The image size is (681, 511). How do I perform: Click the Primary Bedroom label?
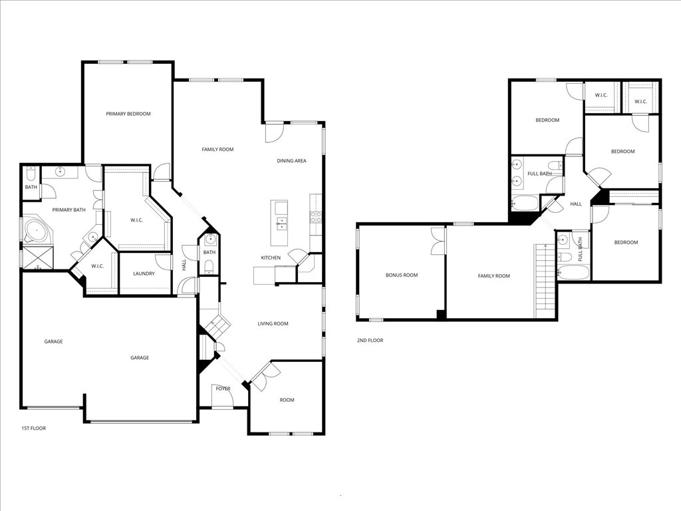point(128,114)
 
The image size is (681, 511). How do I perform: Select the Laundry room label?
point(144,273)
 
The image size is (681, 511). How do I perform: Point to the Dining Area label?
point(291,161)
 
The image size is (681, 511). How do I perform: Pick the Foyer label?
point(223,388)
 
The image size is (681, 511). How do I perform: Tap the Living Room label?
point(273,324)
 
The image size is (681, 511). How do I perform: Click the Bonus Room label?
point(402,275)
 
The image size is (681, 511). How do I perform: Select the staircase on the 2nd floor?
point(545,280)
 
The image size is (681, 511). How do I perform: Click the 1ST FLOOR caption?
point(34,428)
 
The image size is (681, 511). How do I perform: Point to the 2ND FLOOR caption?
point(370,341)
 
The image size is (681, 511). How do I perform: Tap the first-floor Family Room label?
point(217,150)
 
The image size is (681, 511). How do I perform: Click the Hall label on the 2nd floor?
point(576,204)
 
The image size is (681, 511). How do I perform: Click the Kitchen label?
point(271,257)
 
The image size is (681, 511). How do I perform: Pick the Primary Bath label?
point(69,210)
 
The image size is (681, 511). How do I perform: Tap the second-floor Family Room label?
point(493,275)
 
